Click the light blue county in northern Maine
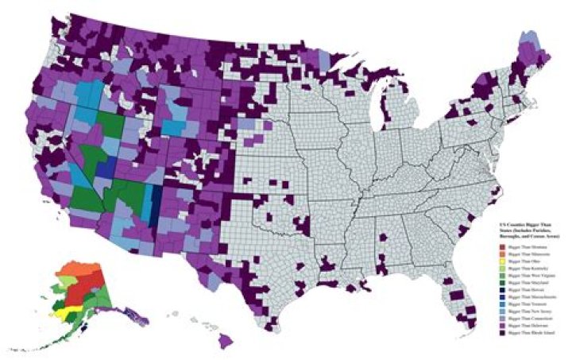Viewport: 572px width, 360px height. (x=527, y=40)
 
